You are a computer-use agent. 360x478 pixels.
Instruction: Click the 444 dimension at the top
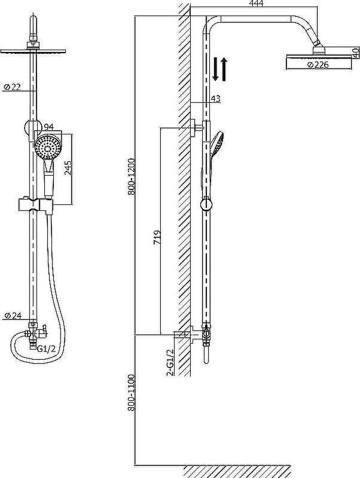(256, 4)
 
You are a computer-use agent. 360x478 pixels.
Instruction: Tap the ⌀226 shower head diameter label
(318, 65)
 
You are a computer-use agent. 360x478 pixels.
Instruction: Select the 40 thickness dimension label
(355, 53)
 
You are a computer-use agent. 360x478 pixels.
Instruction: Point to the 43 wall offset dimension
(216, 99)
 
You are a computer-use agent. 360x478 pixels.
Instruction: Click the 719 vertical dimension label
(157, 237)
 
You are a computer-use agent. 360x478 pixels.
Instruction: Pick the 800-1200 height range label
(132, 176)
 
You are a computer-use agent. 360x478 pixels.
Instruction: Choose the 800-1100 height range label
(132, 393)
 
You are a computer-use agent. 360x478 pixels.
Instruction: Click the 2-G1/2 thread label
(170, 362)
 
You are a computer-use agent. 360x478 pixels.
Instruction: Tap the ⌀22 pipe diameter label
(12, 87)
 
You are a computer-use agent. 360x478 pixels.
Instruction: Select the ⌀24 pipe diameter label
(13, 315)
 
